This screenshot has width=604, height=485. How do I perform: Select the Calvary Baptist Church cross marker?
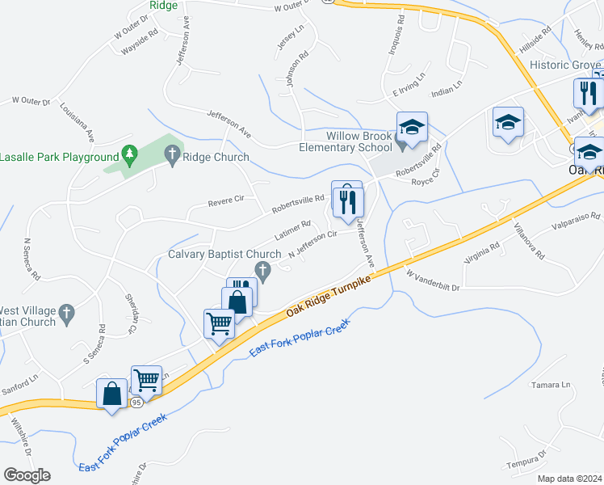[x=261, y=269]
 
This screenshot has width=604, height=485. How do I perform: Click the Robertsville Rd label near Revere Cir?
[x=297, y=204]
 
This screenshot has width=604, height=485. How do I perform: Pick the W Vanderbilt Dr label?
[x=432, y=280]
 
